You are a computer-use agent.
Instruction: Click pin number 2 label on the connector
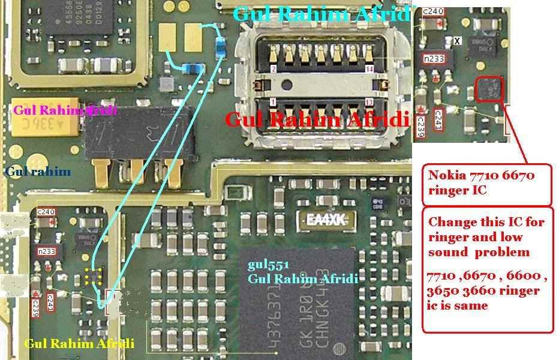pos(274,70)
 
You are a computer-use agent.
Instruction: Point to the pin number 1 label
pos(274,102)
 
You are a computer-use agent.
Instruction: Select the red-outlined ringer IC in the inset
pos(489,89)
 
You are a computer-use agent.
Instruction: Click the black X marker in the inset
pos(458,41)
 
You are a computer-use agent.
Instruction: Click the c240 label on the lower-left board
pos(46,212)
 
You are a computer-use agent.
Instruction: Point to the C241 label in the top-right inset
pos(438,118)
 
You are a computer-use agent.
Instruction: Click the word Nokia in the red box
pos(444,176)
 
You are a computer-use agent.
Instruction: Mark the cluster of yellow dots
pos(93,276)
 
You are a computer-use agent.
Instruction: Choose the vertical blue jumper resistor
pos(222,47)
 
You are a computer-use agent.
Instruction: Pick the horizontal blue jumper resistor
pos(193,70)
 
